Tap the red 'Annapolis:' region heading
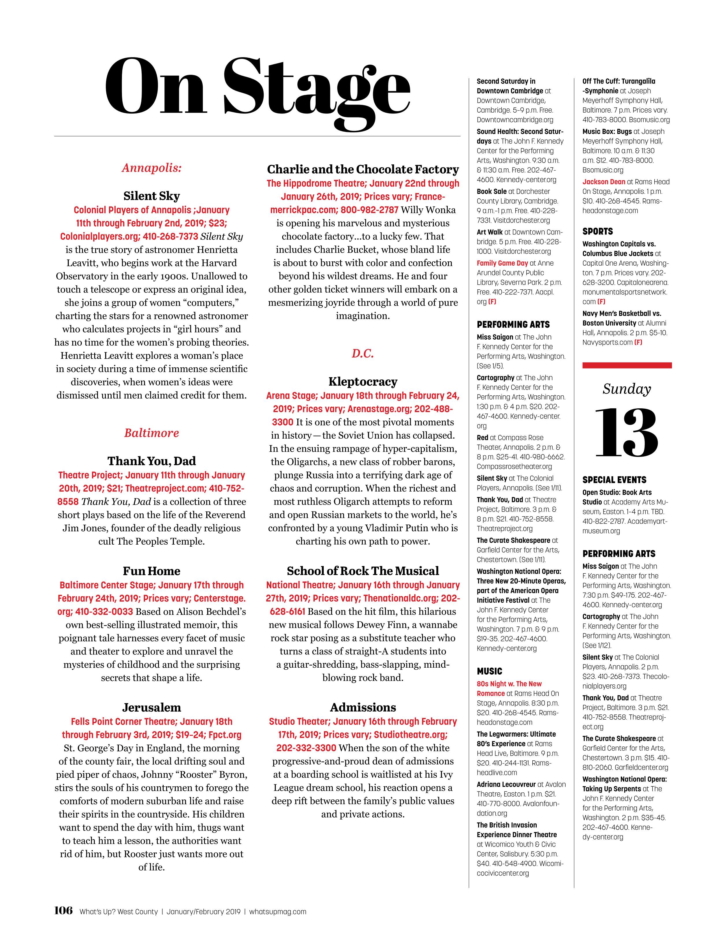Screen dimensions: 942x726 click(151, 168)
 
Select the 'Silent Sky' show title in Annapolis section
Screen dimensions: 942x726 click(151, 196)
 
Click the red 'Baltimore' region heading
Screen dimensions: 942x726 click(151, 433)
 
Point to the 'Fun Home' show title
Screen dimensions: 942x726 click(151, 571)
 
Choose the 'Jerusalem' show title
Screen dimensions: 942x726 click(151, 707)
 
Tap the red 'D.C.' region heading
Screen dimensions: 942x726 click(363, 354)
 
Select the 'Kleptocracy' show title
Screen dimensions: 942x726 click(363, 382)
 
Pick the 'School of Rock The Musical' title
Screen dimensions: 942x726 click(363, 571)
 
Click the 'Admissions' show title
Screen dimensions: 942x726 click(363, 707)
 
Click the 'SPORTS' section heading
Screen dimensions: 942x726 click(597, 232)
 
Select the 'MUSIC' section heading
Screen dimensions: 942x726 click(490, 671)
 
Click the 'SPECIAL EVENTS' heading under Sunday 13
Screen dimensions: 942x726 click(614, 480)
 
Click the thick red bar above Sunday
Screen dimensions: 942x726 click(627, 365)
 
